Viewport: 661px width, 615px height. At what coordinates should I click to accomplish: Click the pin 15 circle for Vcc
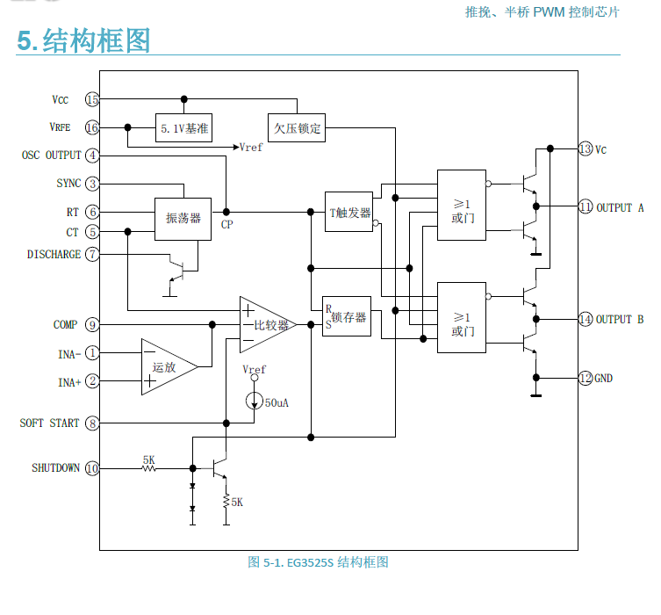pos(92,99)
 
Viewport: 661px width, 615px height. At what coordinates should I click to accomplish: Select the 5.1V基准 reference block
pos(184,128)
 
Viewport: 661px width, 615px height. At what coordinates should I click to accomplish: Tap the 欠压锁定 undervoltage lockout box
pos(298,128)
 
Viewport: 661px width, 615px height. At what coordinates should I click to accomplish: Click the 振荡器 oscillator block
pos(183,217)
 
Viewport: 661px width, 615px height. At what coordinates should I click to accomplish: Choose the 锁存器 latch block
pos(347,316)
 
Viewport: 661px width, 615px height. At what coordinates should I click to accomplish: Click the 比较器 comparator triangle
pos(267,324)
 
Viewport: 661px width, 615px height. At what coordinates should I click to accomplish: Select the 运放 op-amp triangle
pos(168,367)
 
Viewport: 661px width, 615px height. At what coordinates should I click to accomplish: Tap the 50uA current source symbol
pos(255,402)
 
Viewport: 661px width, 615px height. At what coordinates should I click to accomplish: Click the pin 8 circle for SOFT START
pos(92,423)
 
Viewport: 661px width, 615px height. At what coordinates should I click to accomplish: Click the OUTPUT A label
pos(620,208)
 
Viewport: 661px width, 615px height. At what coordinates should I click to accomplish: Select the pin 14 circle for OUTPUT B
pos(586,319)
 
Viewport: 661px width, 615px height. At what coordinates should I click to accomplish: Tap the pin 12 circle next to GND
pos(586,379)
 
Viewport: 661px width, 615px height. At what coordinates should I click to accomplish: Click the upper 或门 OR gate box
pos(462,205)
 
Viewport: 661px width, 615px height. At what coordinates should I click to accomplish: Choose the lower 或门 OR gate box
pos(462,317)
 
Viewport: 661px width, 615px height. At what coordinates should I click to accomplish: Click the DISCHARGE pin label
pos(54,255)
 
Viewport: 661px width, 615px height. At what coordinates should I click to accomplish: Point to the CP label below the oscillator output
pos(226,225)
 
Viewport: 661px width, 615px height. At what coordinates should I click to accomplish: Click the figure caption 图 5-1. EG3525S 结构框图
pos(318,562)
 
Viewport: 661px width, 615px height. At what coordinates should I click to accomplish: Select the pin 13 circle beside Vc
pos(586,149)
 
